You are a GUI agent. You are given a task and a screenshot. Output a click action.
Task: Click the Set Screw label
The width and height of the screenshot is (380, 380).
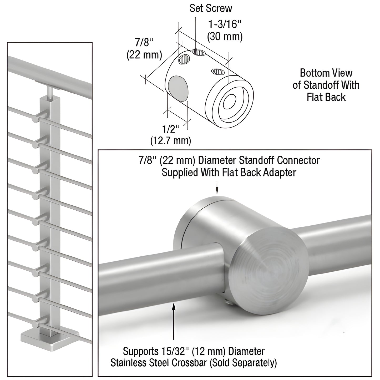[211, 8]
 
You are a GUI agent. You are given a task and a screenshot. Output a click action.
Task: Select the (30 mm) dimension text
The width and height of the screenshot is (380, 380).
[225, 37]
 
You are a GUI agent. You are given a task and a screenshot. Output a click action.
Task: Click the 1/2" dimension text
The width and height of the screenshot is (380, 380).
[170, 129]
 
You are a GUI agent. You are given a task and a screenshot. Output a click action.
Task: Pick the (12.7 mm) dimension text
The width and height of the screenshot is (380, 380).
[170, 141]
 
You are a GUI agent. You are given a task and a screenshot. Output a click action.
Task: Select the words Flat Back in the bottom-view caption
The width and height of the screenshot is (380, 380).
[326, 97]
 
